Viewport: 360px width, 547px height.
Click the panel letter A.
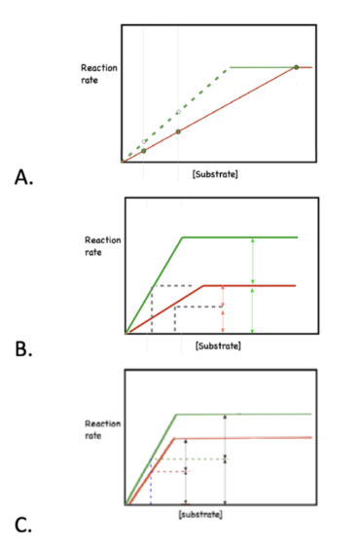click(20, 177)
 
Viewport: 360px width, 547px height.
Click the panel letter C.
click(20, 525)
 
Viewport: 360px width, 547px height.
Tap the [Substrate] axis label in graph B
click(218, 346)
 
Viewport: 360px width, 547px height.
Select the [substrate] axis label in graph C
click(201, 513)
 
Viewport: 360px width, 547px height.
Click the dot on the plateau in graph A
click(296, 67)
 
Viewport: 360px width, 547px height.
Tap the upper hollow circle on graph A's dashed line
click(178, 112)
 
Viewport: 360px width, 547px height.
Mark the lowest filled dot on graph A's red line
click(143, 151)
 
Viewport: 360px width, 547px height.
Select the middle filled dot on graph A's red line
click(178, 131)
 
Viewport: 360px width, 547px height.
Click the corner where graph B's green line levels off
click(183, 237)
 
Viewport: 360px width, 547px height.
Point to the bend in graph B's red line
click(202, 285)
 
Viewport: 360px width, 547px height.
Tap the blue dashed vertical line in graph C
click(151, 489)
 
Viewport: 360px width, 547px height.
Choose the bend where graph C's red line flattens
click(173, 438)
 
